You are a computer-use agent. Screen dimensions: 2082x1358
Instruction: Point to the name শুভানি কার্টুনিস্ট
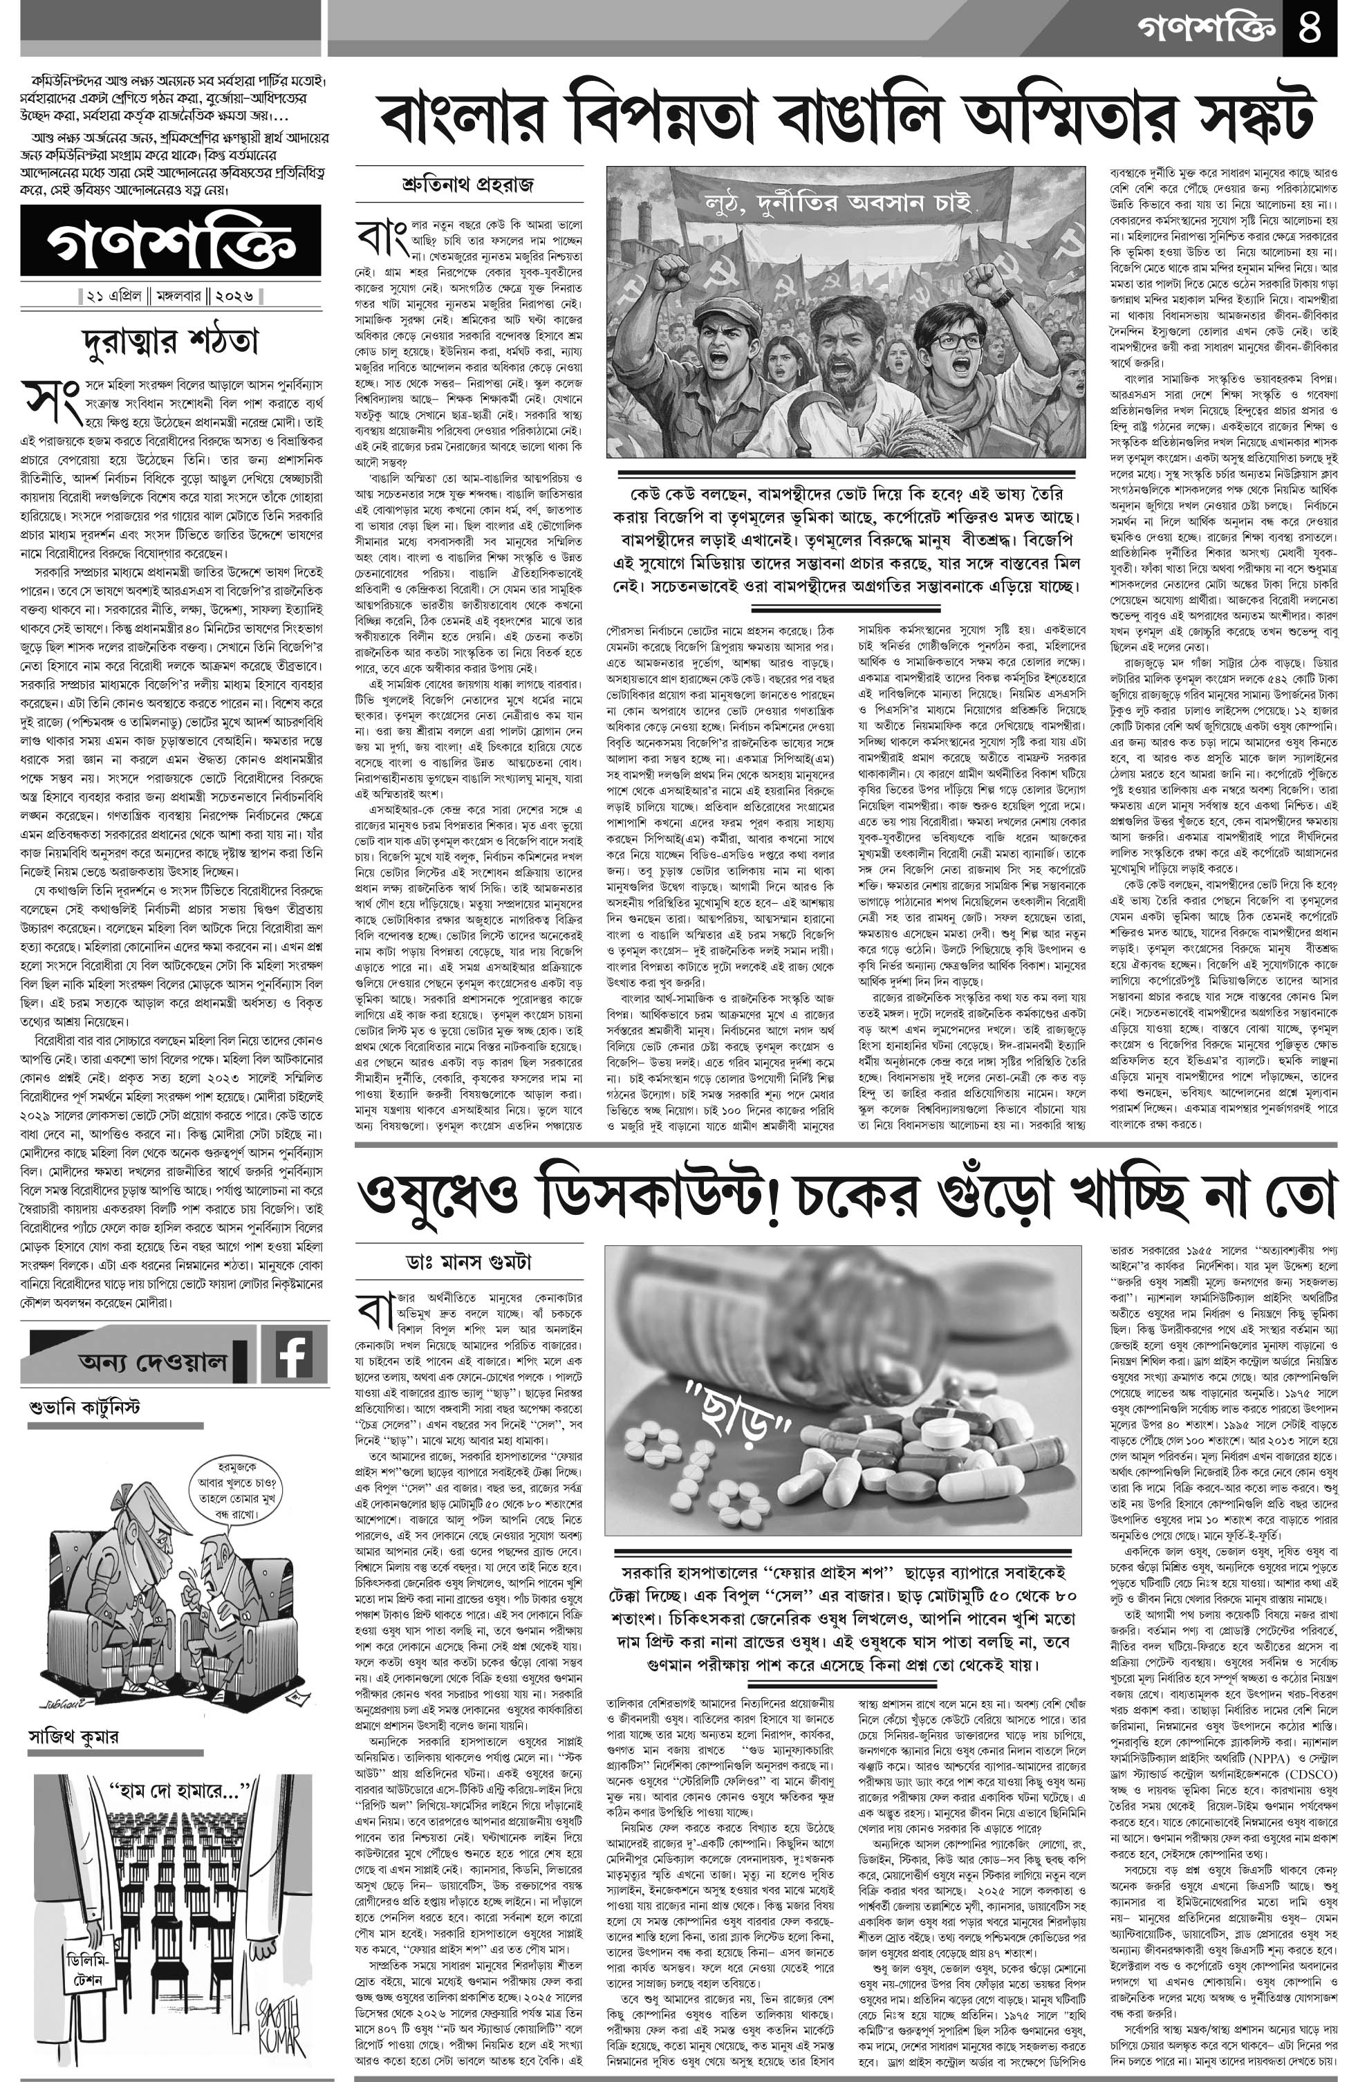coord(85,1409)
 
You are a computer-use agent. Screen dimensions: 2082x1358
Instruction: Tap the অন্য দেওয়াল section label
coord(152,1362)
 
